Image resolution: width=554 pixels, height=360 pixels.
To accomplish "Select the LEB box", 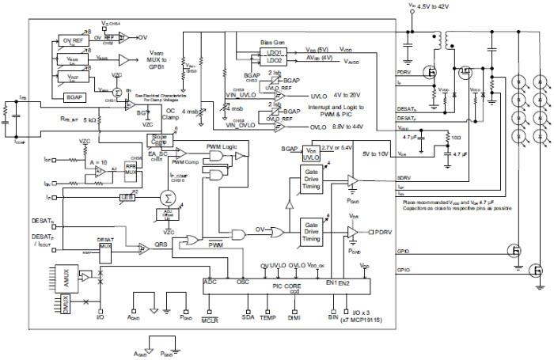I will pos(126,197).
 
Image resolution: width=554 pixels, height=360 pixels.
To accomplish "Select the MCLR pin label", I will pos(209,320).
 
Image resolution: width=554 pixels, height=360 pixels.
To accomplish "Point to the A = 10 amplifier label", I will pos(98,161).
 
